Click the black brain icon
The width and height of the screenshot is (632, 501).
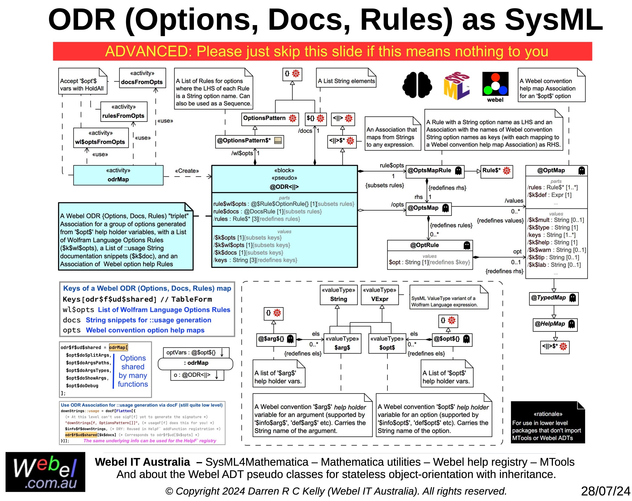point(417,85)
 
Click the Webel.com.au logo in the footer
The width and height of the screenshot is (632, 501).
point(45,472)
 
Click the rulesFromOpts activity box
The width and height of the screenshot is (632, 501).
point(124,112)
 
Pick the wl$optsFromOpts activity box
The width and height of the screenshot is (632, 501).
point(101,138)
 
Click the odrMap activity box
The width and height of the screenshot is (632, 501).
point(118,175)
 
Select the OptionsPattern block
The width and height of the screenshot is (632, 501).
point(270,119)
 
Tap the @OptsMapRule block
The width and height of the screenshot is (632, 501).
point(435,171)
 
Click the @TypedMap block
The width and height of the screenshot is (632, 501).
point(553,299)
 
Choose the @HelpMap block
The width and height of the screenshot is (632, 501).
point(555,325)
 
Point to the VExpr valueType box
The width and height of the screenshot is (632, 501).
point(380,295)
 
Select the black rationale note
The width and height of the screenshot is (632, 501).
point(548,422)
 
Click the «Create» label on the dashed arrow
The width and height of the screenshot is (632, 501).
point(187,171)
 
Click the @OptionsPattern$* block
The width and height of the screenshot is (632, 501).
point(249,142)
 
